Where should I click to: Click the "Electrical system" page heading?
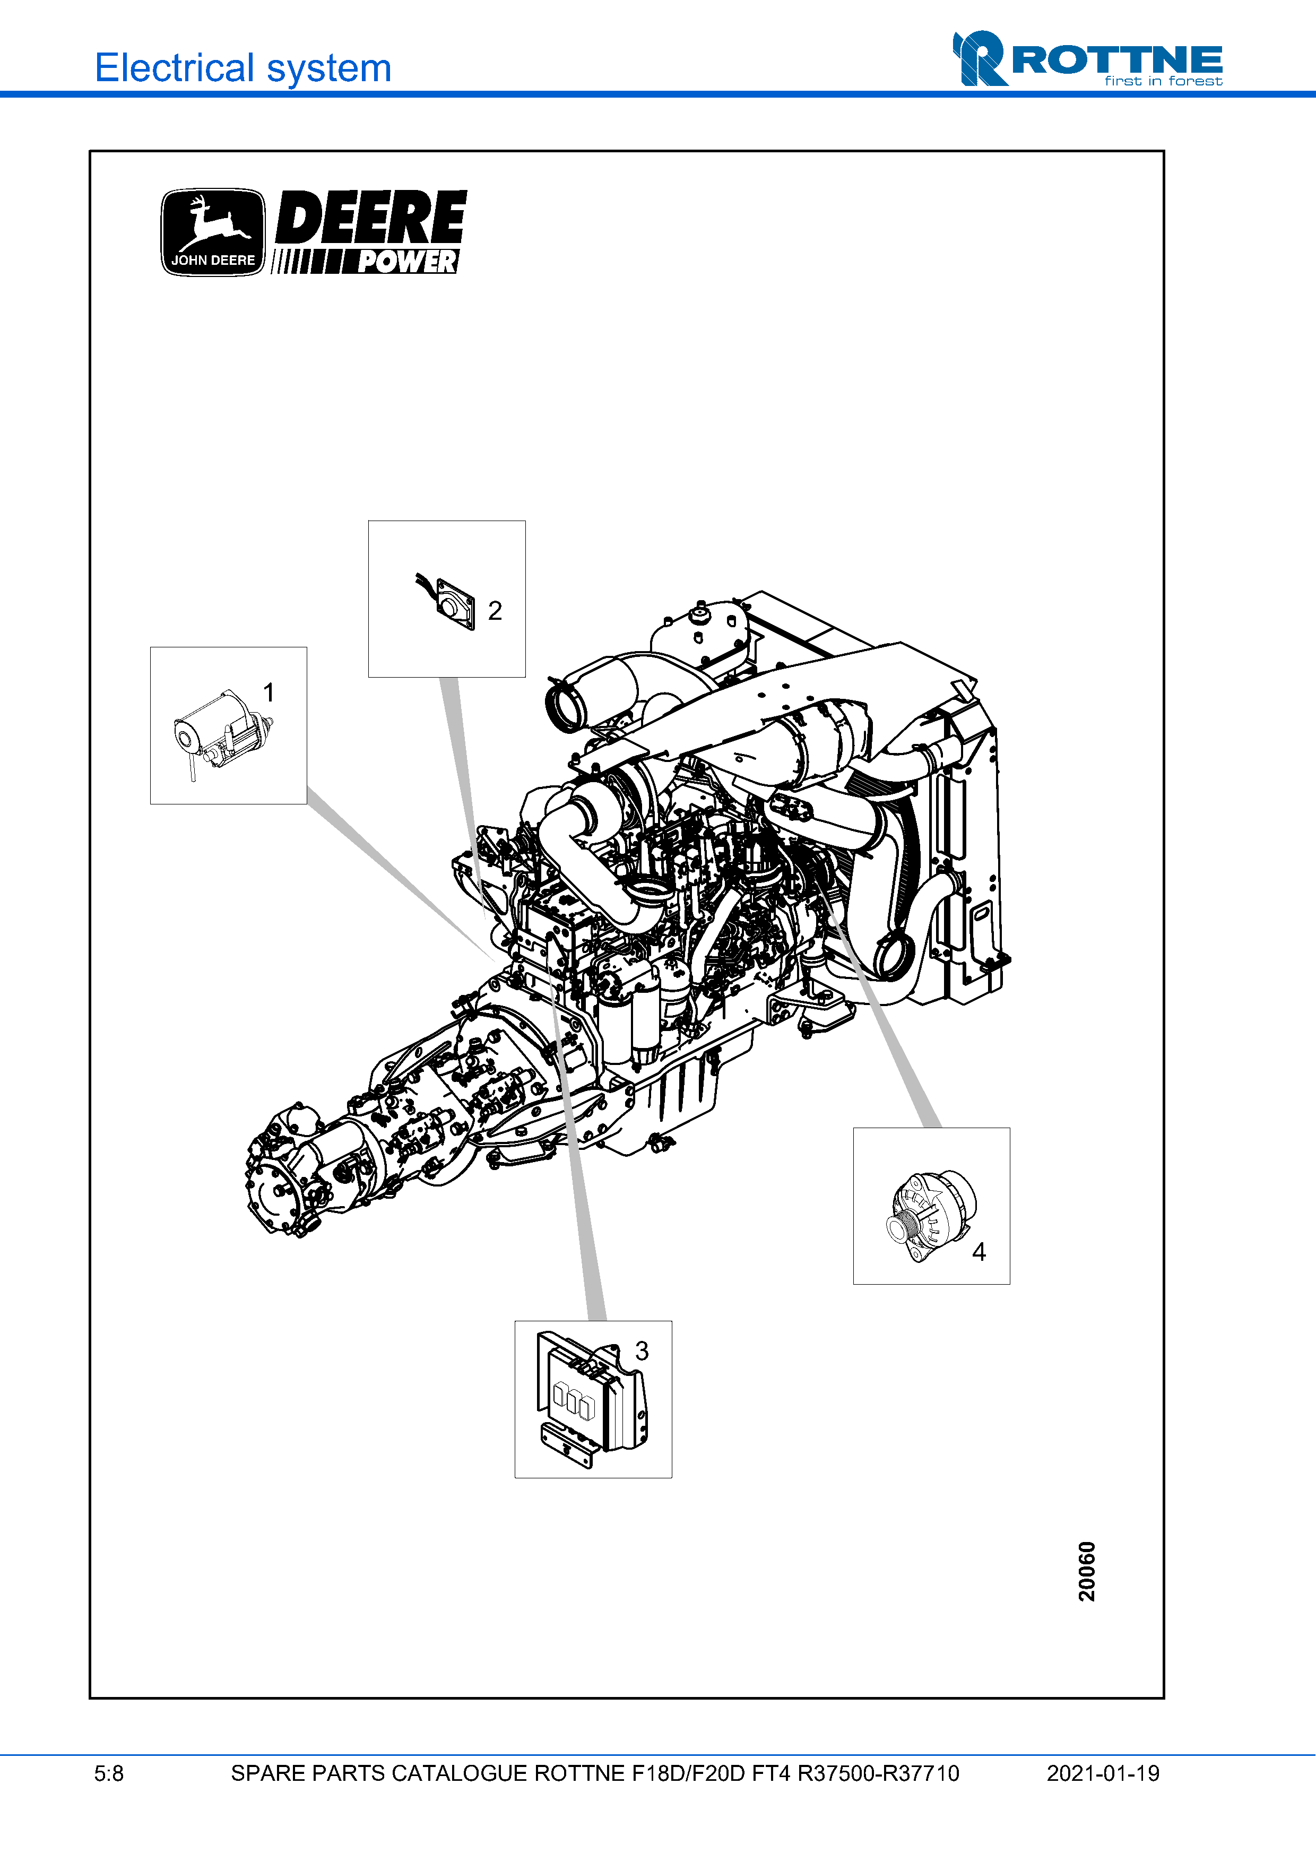[x=243, y=68]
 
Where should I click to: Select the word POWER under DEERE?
[x=408, y=262]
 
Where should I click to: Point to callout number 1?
[x=269, y=692]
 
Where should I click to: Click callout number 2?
[x=495, y=611]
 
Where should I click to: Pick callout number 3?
[x=642, y=1351]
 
